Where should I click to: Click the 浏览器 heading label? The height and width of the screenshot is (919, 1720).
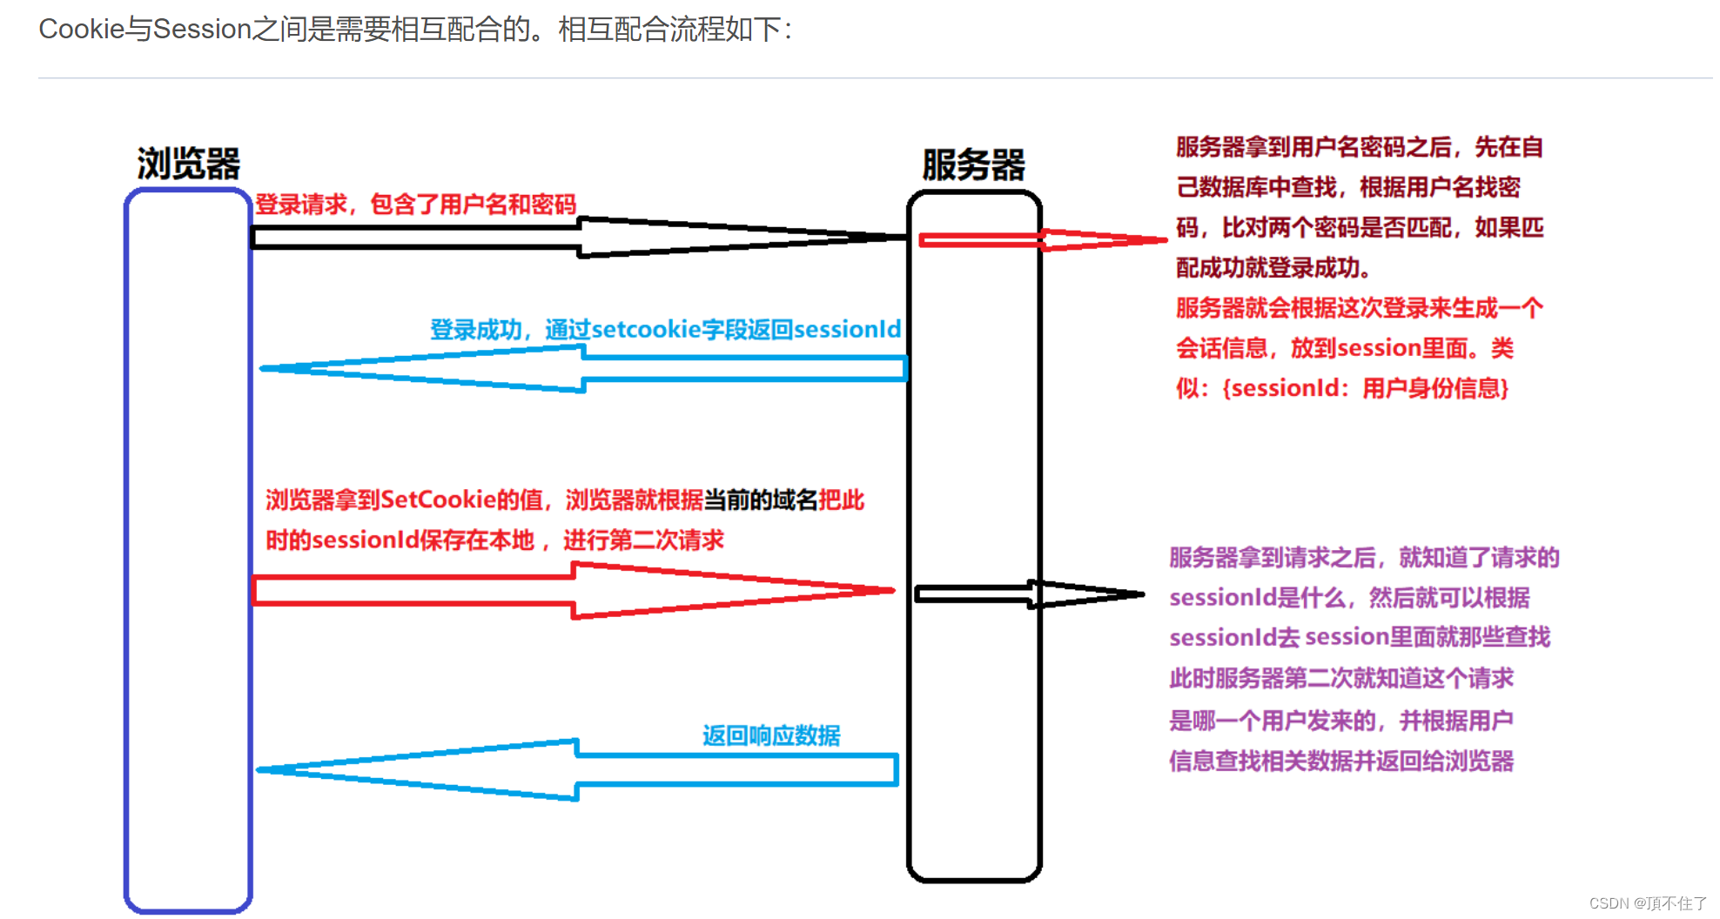(188, 164)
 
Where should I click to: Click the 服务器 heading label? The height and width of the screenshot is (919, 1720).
(973, 165)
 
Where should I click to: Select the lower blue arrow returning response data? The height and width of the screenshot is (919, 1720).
(574, 770)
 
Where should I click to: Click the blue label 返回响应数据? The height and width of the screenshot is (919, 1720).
(771, 736)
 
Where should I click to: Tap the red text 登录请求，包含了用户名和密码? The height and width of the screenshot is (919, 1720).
(415, 205)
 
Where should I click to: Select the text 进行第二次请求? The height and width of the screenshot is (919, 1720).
(643, 540)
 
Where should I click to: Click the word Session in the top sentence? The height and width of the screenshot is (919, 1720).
(202, 29)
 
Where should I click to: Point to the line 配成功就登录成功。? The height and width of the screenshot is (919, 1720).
(1273, 268)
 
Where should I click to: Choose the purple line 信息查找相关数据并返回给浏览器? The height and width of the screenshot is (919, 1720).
(1341, 761)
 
